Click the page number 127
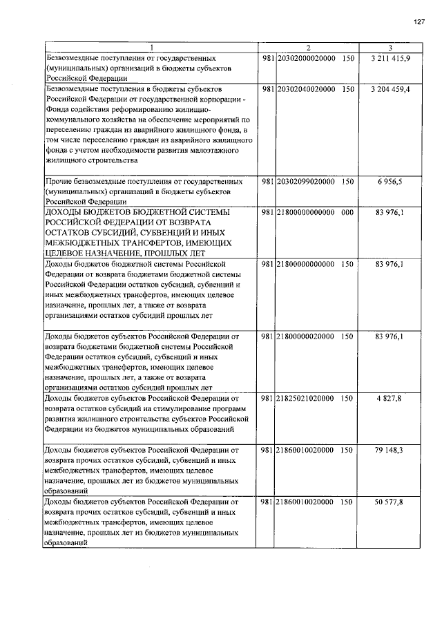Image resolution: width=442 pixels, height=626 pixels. (x=419, y=23)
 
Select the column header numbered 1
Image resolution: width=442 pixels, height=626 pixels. (x=152, y=48)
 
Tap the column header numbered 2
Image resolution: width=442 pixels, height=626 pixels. (x=309, y=48)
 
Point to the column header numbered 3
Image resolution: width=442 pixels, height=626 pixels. (x=390, y=48)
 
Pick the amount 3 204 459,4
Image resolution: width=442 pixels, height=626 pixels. (x=390, y=90)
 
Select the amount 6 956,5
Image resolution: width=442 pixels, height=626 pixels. (x=390, y=181)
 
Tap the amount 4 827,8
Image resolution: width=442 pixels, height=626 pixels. (x=390, y=399)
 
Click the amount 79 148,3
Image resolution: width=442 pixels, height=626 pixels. (x=390, y=450)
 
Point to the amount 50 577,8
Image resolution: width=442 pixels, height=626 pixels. (x=390, y=502)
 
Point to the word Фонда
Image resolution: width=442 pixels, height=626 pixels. (x=57, y=109)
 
